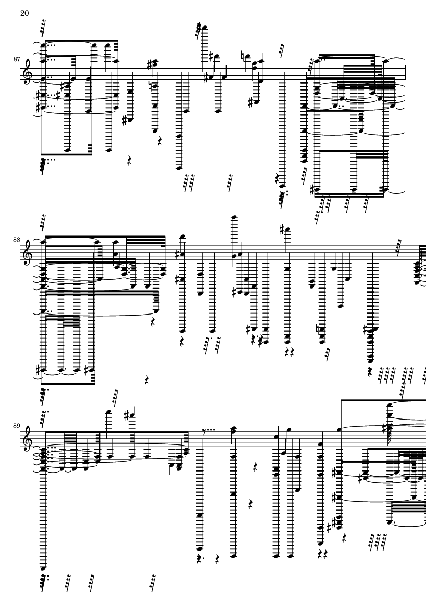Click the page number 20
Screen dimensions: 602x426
point(24,13)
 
